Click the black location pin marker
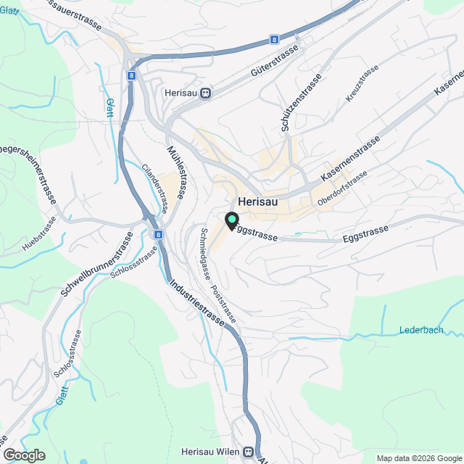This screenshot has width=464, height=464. (232, 220)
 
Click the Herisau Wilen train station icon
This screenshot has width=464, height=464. (249, 451)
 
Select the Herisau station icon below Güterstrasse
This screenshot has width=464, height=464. (207, 93)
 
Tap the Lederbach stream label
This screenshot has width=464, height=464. (420, 330)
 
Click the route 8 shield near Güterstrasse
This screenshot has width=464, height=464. (274, 39)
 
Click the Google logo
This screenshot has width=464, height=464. (24, 455)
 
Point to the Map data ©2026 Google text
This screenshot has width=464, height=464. (418, 458)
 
